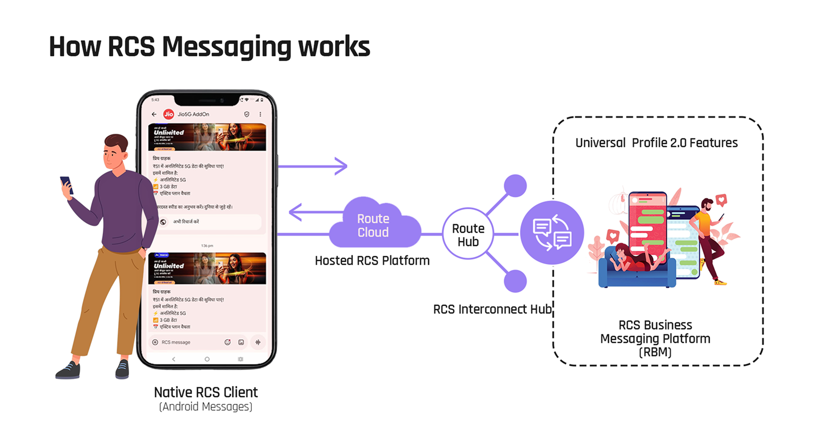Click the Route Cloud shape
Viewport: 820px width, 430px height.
(373, 225)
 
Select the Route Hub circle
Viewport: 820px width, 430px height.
(468, 234)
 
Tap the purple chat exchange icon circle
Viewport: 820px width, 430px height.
(552, 233)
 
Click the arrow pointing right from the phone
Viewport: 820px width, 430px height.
(313, 166)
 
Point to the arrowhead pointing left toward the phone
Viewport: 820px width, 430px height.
(295, 212)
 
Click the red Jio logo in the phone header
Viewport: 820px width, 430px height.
(168, 114)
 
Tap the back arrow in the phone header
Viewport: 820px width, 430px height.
(154, 114)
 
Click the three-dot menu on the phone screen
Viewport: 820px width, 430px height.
(260, 114)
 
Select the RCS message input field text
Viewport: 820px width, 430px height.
(176, 342)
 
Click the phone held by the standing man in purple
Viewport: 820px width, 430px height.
(66, 184)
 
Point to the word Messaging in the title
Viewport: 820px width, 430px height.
(226, 47)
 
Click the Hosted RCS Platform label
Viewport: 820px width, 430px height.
(372, 261)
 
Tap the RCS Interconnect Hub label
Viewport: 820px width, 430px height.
(492, 310)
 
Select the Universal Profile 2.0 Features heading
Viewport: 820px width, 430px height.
(656, 143)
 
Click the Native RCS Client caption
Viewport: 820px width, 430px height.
(205, 392)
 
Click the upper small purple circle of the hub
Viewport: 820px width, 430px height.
(515, 185)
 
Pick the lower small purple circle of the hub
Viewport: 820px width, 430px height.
(515, 281)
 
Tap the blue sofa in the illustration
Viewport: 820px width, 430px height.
(636, 275)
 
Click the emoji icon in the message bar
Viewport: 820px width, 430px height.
(227, 342)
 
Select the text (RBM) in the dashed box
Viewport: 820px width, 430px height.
(655, 353)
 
